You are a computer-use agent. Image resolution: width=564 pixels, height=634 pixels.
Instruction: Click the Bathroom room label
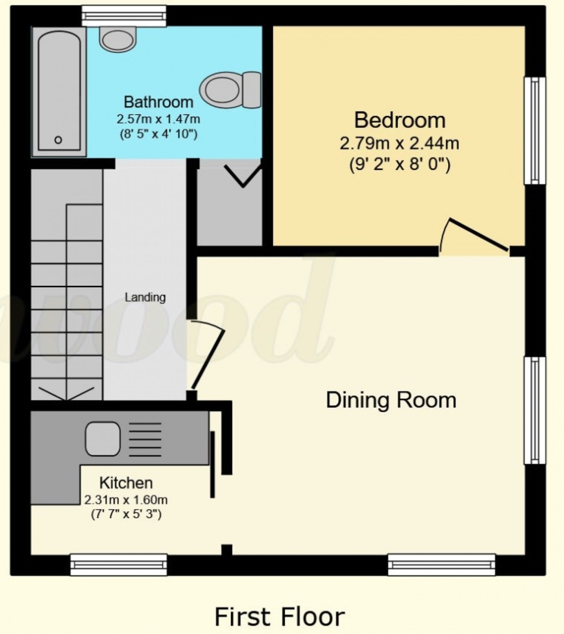pyautogui.click(x=158, y=102)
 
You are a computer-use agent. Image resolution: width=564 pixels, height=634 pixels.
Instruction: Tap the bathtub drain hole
pyautogui.click(x=59, y=140)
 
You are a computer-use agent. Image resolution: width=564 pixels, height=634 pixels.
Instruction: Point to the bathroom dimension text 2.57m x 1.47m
pyautogui.click(x=158, y=118)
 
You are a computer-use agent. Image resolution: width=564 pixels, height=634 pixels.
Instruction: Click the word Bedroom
pyautogui.click(x=399, y=120)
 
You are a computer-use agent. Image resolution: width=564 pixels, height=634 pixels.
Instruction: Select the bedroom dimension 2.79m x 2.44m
pyautogui.click(x=399, y=143)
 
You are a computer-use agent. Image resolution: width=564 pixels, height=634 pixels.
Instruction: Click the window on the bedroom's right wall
pyautogui.click(x=535, y=130)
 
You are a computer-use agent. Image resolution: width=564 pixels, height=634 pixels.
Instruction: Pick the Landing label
pyautogui.click(x=145, y=297)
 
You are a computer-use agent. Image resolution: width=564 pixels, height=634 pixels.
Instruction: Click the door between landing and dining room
pyautogui.click(x=207, y=355)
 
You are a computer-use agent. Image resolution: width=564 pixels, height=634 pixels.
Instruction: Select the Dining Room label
pyautogui.click(x=391, y=401)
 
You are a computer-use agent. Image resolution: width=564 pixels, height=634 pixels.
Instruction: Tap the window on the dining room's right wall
pyautogui.click(x=535, y=410)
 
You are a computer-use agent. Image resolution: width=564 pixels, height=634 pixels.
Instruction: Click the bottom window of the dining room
pyautogui.click(x=441, y=564)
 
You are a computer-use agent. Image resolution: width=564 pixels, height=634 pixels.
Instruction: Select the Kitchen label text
pyautogui.click(x=126, y=483)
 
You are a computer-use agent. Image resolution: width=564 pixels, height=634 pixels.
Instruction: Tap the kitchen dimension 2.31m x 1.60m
pyautogui.click(x=126, y=499)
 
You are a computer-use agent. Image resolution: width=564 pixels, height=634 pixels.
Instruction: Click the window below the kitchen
pyautogui.click(x=118, y=564)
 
